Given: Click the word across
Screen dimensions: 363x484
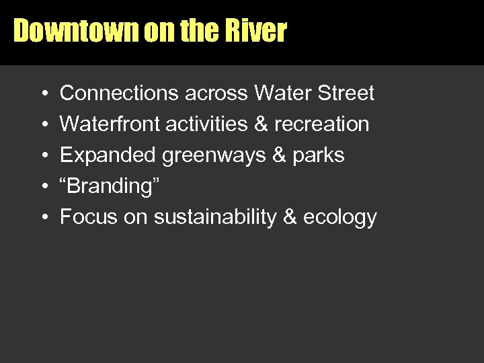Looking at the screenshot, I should [x=217, y=93].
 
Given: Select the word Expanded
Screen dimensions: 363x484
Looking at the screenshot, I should [x=108, y=155].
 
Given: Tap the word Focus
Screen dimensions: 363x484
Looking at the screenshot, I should [x=84, y=217].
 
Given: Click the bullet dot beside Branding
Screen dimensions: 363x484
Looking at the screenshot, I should [x=43, y=187].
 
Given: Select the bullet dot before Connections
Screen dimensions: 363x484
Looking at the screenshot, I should [x=43, y=94].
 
